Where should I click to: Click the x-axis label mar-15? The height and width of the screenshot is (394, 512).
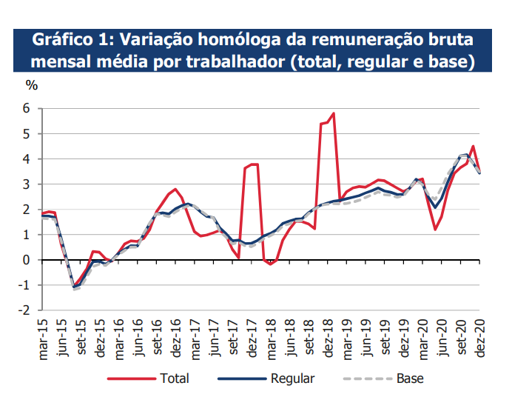tap(43, 334)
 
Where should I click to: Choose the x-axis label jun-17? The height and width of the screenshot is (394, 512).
tap(214, 334)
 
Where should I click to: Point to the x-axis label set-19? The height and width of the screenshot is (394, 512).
tap(385, 334)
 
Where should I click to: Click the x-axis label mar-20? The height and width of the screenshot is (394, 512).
tap(422, 334)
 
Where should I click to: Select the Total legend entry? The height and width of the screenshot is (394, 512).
tap(175, 378)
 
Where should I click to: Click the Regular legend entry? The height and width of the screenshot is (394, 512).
tap(292, 378)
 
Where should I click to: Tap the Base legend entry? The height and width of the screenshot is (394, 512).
tap(410, 378)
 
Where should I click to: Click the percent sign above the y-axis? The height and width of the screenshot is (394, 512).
tap(31, 84)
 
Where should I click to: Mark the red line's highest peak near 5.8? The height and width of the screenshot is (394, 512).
tap(334, 113)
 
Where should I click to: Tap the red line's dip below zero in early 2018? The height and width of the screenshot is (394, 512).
tap(270, 264)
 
